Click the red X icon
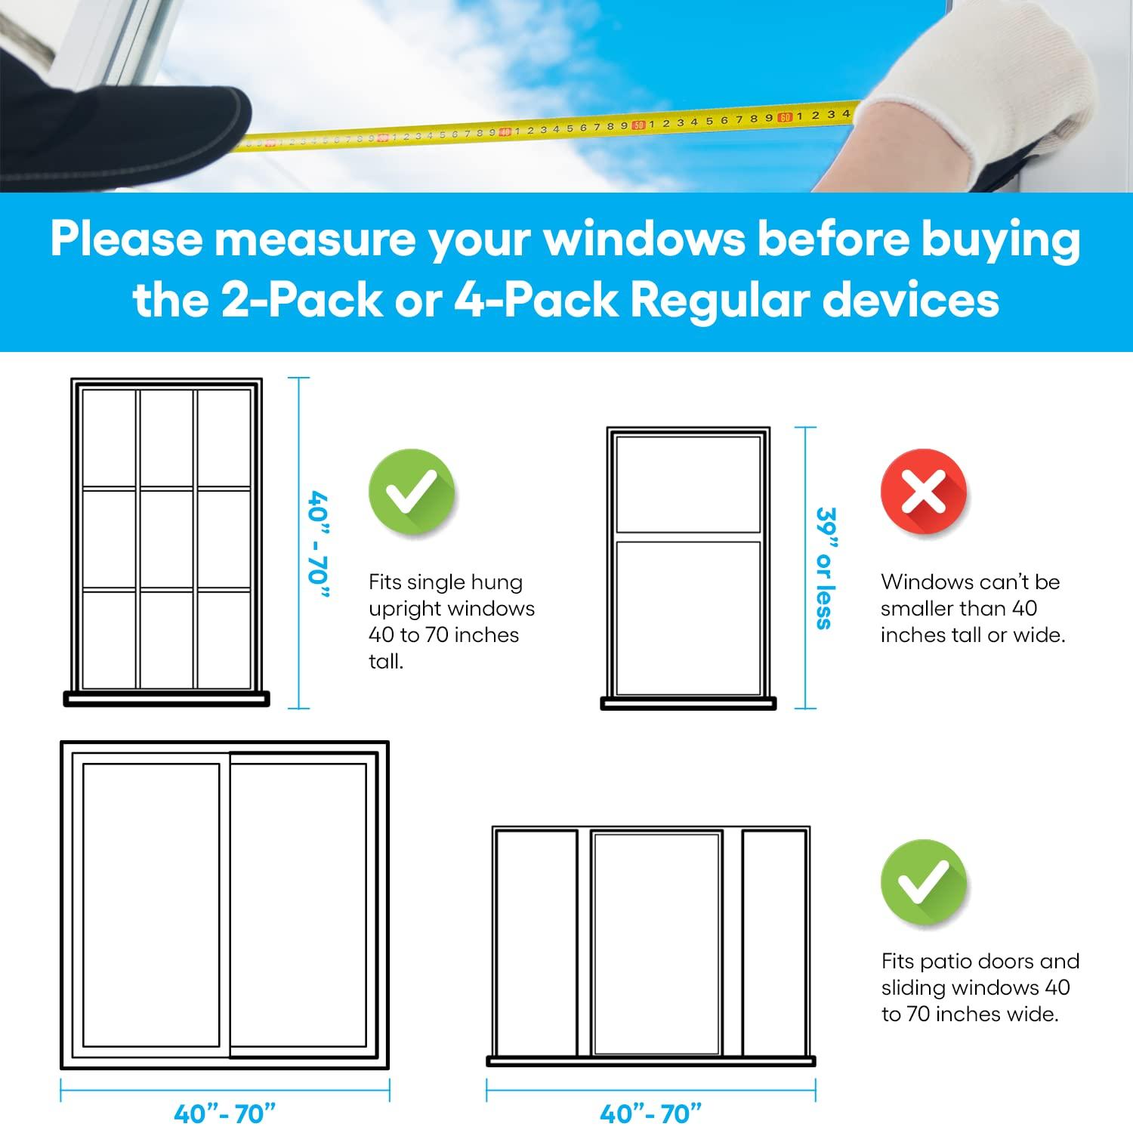coord(923,492)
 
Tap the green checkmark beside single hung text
coord(411,492)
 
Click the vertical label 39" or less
coord(826,567)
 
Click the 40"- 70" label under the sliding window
coord(225,1113)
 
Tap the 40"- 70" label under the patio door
coord(650,1113)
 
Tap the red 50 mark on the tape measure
coord(639,125)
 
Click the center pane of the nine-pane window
coord(166,539)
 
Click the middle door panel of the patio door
coord(656,943)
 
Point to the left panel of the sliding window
coord(150,905)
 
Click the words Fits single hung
coord(446,582)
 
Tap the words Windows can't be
coord(970,582)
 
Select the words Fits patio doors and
coord(980,962)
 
